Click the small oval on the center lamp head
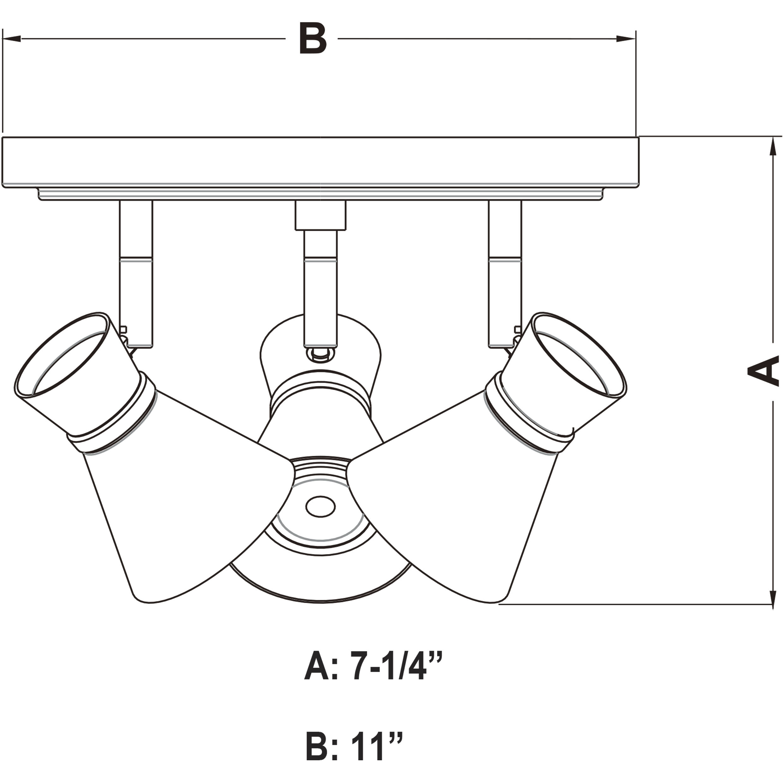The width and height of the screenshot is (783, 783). pyautogui.click(x=320, y=507)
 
